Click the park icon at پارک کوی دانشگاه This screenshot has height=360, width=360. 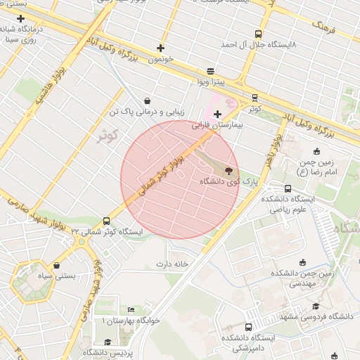[x=228, y=170]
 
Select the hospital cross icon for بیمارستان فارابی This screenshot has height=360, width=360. [x=217, y=114]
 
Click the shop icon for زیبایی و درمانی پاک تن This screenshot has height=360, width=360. [x=147, y=101]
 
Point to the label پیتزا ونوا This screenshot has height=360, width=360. [x=211, y=82]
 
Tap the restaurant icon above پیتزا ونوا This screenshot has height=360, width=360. [x=211, y=72]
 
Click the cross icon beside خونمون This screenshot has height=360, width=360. [x=161, y=49]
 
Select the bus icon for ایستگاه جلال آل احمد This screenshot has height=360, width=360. [x=259, y=34]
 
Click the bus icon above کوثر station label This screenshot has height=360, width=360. [x=255, y=98]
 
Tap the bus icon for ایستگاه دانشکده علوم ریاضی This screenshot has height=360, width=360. [x=288, y=188]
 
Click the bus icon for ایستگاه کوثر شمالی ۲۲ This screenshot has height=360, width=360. [x=106, y=221]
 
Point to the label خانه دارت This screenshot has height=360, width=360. [x=173, y=264]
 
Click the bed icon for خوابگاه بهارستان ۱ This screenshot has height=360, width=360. [x=131, y=310]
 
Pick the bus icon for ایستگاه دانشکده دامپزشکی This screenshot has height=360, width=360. [x=248, y=328]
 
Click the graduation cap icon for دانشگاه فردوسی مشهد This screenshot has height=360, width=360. [x=316, y=307]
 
